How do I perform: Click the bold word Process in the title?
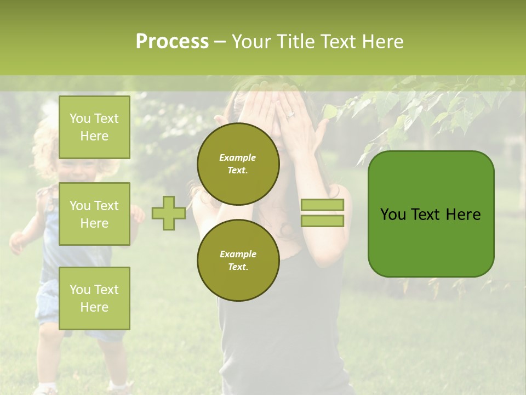coord(172,42)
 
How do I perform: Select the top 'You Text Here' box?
coord(94,127)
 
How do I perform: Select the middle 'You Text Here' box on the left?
coord(94,214)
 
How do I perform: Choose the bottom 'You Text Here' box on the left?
coord(94,298)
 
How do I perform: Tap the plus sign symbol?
coord(168,213)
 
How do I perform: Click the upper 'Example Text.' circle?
coord(238,163)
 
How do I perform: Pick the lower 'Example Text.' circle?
coord(238,260)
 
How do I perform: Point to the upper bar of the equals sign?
coord(322,205)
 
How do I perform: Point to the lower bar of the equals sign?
coord(322,221)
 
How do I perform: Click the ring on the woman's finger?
coord(290,115)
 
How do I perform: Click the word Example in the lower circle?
coord(238,254)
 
